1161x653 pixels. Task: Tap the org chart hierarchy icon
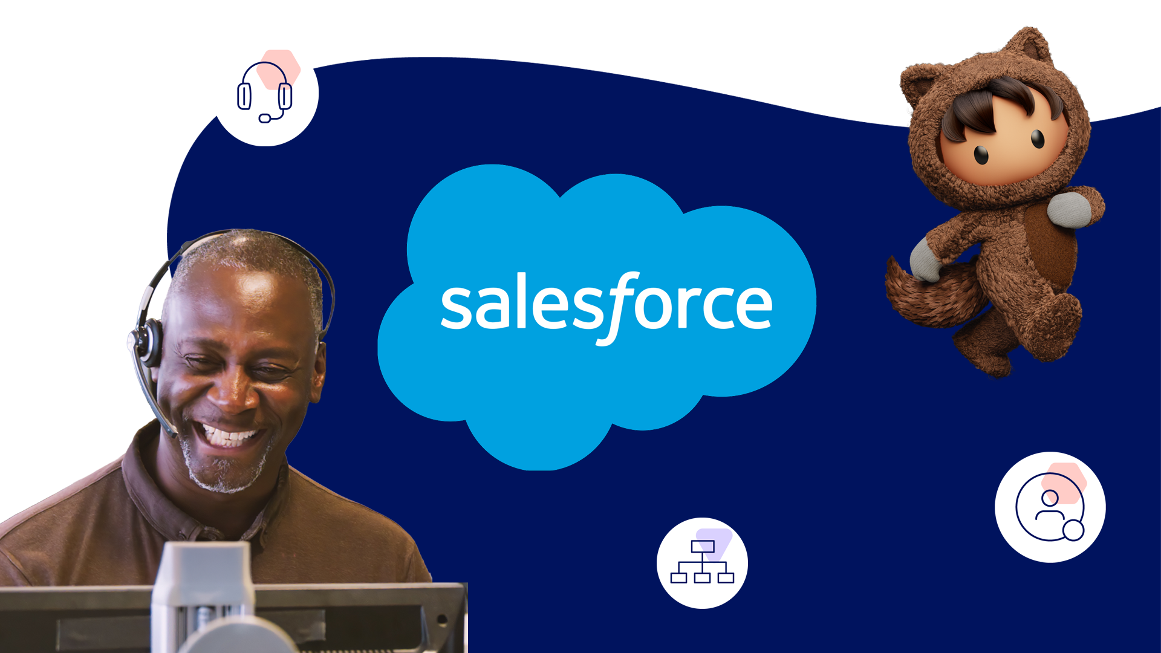(x=702, y=563)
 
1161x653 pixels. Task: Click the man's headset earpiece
(x=148, y=342)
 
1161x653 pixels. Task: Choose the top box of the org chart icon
(x=702, y=547)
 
